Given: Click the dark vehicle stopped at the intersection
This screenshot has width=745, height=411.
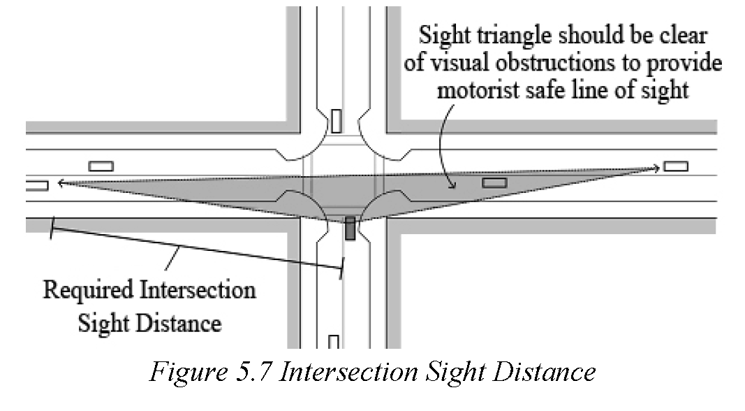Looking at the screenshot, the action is coord(351,229).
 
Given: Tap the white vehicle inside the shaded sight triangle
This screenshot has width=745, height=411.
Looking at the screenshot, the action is coord(494,182).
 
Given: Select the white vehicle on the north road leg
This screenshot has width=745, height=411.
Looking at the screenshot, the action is coord(337,122).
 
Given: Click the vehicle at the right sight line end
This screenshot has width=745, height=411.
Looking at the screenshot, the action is coord(676,166).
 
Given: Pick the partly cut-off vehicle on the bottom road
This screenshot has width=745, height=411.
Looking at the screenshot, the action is coord(334,342).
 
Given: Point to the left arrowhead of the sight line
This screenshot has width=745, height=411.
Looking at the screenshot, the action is coord(61,182).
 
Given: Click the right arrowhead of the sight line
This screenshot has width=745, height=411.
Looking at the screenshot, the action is coord(656,168).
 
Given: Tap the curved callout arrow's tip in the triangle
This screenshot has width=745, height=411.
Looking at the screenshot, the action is coord(454,187).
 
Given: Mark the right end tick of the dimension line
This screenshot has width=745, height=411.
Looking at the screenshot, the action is coord(341,269).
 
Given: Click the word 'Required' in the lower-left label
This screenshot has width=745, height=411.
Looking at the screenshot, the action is coord(89,289).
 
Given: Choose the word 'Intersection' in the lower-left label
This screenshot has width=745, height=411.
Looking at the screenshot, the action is coord(198,289).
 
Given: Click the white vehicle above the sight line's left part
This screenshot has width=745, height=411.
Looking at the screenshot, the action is coord(101,166).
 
